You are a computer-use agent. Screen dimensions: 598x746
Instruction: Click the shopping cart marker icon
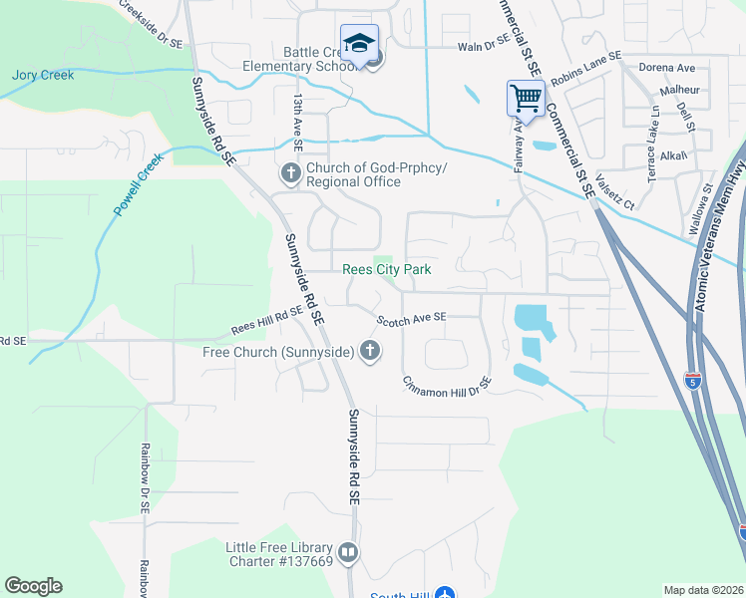[526, 99]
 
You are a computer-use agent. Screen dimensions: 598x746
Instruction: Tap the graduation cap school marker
[359, 43]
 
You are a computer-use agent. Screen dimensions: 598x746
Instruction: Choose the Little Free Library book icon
[347, 552]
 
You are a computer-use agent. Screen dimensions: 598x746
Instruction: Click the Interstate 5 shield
[693, 380]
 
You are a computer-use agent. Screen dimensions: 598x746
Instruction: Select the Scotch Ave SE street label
[411, 318]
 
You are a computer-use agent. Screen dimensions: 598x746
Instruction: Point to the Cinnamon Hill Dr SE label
[448, 384]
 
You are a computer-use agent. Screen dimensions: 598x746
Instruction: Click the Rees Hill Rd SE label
[266, 321]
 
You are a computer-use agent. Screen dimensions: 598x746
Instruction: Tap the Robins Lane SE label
[585, 66]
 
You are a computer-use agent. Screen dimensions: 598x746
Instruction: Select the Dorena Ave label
[667, 68]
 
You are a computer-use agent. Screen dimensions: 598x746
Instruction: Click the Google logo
[33, 586]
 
